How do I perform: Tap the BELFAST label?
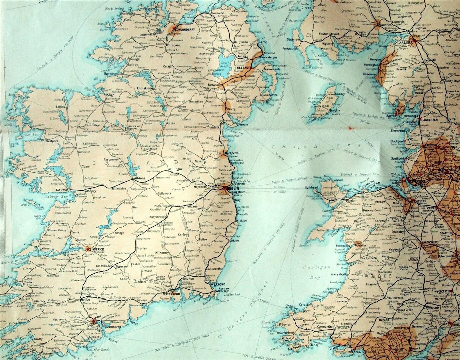243,67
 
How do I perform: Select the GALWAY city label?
62,190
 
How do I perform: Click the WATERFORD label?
171,294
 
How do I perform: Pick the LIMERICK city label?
97,249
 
